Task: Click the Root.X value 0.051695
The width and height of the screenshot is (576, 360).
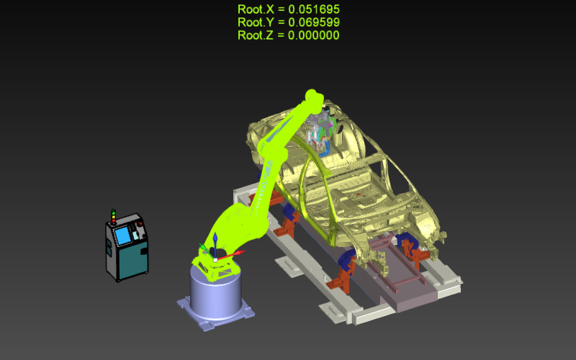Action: click(x=314, y=9)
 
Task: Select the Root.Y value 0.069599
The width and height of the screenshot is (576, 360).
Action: click(x=314, y=22)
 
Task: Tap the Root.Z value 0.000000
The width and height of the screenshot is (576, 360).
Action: click(x=314, y=35)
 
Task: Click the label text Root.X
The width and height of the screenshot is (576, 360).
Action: click(x=256, y=9)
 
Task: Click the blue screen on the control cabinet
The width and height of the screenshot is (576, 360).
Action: click(x=122, y=235)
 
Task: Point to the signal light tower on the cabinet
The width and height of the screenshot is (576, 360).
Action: click(x=114, y=216)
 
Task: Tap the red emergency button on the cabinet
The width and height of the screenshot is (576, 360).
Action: click(x=140, y=224)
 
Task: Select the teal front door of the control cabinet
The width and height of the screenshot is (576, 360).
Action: click(x=134, y=258)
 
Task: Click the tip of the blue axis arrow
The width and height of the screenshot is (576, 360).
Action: click(x=215, y=233)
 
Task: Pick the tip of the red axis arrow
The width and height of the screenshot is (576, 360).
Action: click(x=244, y=251)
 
